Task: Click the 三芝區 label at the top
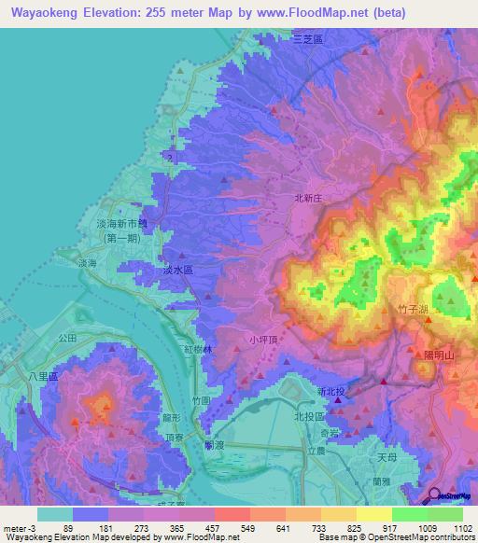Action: (x=307, y=39)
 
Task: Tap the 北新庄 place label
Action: (x=307, y=198)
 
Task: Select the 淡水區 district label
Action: (x=177, y=269)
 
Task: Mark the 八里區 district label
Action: (x=43, y=376)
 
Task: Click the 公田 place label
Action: (x=65, y=337)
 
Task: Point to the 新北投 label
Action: (x=331, y=391)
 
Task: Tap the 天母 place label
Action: (x=387, y=459)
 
